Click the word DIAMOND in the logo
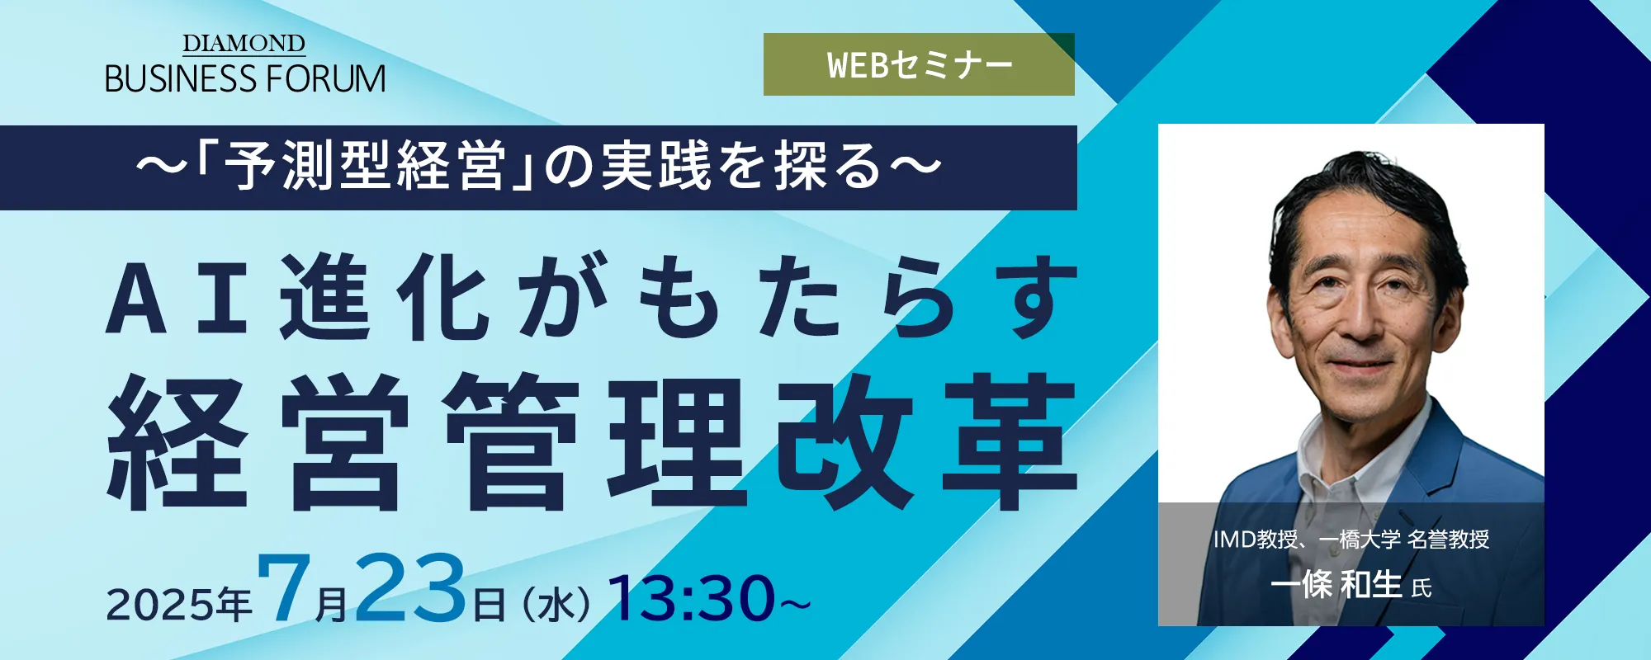244,44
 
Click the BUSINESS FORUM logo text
245,79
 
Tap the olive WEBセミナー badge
919,64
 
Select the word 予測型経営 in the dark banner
364,166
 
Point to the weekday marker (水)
556,605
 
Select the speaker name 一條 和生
1336,585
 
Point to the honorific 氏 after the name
1422,588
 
